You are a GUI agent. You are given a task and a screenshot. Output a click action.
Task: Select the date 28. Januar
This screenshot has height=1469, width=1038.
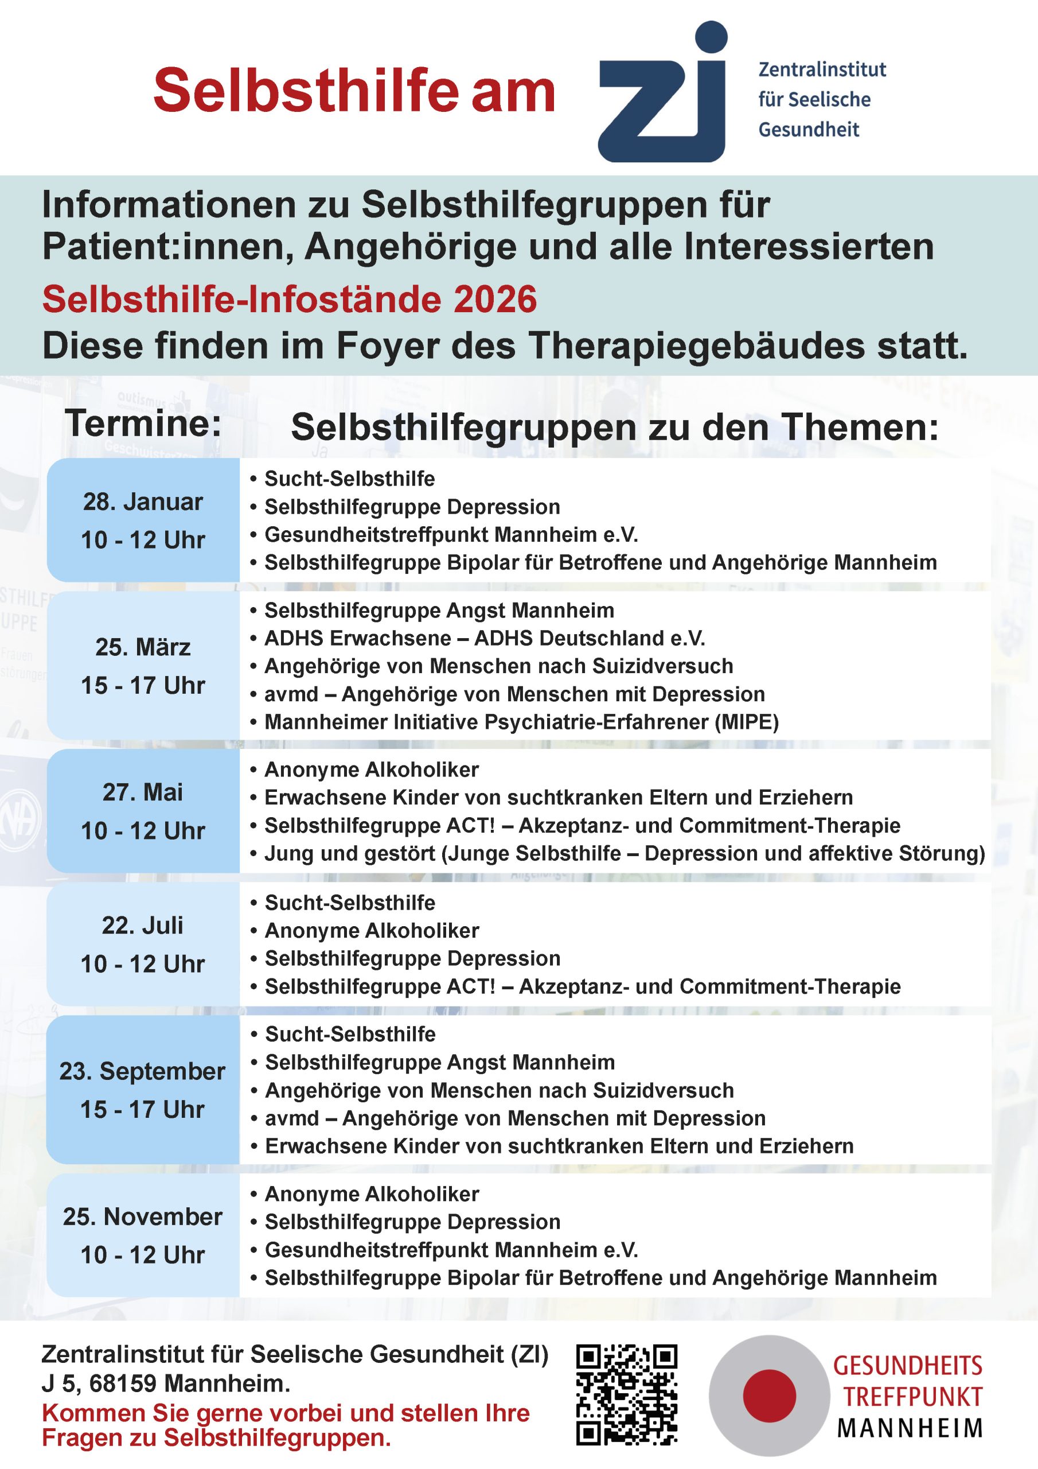(143, 502)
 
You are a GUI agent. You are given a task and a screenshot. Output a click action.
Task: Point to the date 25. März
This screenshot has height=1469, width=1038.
(143, 647)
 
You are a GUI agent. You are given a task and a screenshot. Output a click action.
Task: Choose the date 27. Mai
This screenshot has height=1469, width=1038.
(143, 792)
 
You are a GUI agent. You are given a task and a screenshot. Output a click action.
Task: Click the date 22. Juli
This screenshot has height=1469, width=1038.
(143, 926)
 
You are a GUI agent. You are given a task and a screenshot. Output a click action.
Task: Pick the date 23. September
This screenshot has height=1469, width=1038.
(143, 1071)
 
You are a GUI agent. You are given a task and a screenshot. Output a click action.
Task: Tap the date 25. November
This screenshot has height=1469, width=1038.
(143, 1217)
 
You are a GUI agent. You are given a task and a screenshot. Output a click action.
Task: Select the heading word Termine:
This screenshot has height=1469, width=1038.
(144, 423)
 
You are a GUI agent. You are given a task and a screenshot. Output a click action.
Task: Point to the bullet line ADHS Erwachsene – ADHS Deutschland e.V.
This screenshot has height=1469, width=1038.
(484, 638)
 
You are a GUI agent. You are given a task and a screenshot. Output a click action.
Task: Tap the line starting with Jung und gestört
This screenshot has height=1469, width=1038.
(623, 853)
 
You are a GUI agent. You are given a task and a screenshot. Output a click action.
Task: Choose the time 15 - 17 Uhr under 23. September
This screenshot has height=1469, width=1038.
(143, 1109)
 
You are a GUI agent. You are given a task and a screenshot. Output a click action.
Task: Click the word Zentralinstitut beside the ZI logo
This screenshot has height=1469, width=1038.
(822, 69)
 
